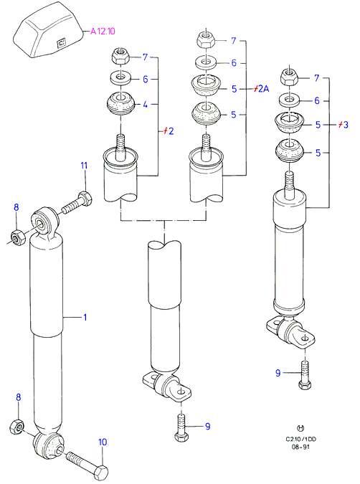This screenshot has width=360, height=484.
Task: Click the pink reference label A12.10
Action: click(x=103, y=31)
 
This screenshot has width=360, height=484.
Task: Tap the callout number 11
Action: click(x=84, y=166)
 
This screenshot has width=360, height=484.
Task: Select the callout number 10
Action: click(x=103, y=442)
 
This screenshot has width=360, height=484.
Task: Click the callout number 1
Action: click(x=85, y=318)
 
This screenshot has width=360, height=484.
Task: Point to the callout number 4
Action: click(x=145, y=105)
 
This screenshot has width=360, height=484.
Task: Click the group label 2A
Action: click(x=261, y=89)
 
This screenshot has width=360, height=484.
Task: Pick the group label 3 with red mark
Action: click(x=343, y=124)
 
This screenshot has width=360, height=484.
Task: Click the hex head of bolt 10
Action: click(x=100, y=472)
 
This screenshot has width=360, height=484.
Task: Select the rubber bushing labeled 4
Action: click(x=120, y=104)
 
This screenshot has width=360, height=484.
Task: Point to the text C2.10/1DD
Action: click(x=300, y=440)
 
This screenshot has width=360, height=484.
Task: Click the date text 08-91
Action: click(x=300, y=447)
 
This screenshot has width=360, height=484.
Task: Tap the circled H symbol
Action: click(x=300, y=428)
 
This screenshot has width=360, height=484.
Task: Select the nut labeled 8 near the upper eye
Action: click(x=16, y=237)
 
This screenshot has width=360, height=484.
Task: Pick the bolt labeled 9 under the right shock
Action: click(x=305, y=375)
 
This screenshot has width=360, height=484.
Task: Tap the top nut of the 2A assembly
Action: click(x=206, y=39)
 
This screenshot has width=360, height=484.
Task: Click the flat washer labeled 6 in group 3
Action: click(x=289, y=100)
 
